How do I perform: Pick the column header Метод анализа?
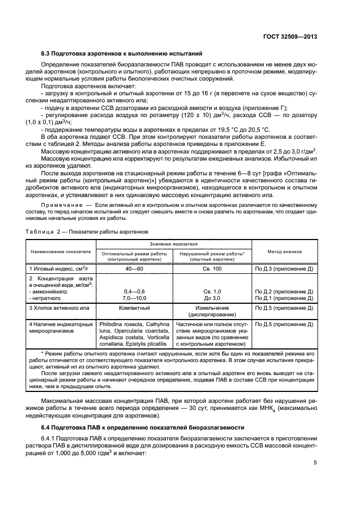pyautogui.click(x=285, y=252)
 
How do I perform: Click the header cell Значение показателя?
pyautogui.click(x=174, y=244)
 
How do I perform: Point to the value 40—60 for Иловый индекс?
pyautogui.click(x=134, y=269)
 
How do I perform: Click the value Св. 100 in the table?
pyautogui.click(x=212, y=269)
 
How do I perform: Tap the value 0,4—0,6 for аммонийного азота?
pyautogui.click(x=134, y=292)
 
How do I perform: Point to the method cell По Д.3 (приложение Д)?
pyautogui.click(x=284, y=269)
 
